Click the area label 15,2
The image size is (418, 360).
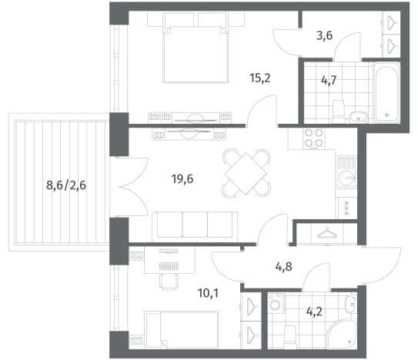point(260,78)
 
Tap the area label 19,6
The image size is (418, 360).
point(182,179)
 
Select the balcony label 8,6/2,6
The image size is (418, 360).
point(66,185)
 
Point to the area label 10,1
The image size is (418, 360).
point(208,293)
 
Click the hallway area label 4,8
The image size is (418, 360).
point(283,266)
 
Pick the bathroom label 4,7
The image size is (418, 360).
point(329,80)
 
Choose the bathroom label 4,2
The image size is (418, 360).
point(314,312)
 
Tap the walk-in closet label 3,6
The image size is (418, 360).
point(324,35)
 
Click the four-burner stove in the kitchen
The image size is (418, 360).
point(314,138)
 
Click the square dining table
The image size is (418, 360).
point(246,174)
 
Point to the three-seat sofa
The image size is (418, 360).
point(195,225)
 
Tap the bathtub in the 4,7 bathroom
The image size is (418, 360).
point(386,92)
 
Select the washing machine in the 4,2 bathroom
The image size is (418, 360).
point(276,304)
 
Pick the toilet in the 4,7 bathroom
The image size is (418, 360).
point(339,112)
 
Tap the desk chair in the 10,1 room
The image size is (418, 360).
point(169,282)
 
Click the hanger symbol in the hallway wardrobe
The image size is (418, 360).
point(327,233)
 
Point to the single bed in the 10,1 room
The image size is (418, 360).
point(181,330)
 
